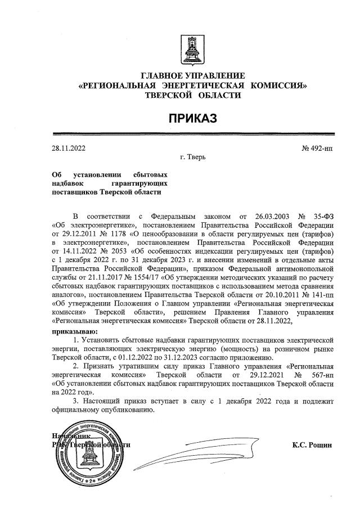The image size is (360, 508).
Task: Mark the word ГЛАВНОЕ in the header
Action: [163, 75]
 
